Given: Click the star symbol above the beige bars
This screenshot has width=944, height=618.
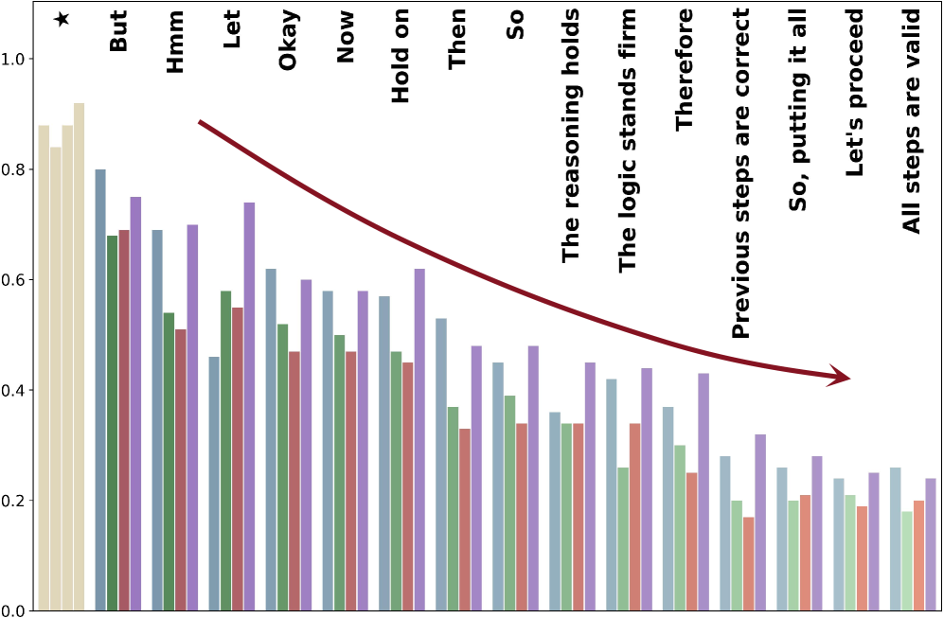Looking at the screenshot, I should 62,19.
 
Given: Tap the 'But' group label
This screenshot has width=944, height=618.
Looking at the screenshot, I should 118,31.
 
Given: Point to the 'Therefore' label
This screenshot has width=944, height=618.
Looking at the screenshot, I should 684,69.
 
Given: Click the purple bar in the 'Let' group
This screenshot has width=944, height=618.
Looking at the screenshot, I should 249,407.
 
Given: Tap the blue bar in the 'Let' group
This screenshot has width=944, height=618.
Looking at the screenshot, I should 214,484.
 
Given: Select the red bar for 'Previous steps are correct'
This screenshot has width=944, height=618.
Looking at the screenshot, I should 749,564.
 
